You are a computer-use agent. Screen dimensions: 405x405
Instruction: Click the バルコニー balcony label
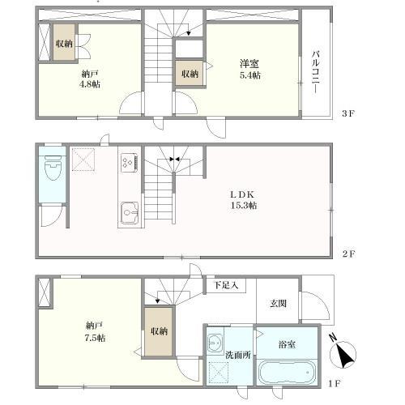316,72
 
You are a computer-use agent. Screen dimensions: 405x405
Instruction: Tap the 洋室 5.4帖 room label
249,70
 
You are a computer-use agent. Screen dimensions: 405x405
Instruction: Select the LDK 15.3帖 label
243,200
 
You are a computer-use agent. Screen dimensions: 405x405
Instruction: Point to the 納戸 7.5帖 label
95,332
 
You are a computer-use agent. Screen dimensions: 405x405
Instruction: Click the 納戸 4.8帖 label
90,79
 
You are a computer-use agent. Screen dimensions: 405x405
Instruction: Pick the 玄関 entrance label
278,304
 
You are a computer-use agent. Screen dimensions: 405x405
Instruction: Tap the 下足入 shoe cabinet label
226,285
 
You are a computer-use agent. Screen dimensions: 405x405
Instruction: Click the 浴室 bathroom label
287,344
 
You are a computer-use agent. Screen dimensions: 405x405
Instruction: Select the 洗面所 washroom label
238,355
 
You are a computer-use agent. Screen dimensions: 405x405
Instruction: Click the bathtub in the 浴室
287,373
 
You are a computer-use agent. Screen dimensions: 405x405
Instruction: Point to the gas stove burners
130,162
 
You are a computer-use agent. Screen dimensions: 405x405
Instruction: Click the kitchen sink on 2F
130,212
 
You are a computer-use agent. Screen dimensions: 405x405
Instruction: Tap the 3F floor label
348,113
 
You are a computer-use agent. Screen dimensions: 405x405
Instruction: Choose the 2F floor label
348,254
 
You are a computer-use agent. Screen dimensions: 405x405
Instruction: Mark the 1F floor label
334,383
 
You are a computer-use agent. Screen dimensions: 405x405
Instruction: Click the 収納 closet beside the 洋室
190,74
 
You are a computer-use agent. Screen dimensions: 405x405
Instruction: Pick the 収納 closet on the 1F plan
159,331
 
